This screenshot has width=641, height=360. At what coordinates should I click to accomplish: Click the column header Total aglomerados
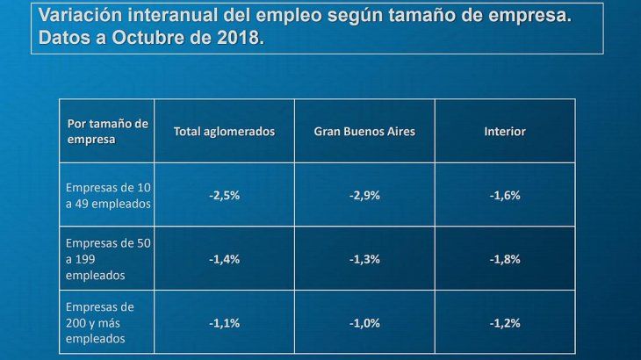click(224, 131)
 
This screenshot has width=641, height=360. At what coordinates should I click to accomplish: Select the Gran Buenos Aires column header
click(364, 131)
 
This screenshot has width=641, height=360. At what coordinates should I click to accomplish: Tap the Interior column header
click(505, 131)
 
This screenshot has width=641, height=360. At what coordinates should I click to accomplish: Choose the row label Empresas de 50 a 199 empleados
click(108, 259)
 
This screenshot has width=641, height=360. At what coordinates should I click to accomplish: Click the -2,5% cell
click(224, 195)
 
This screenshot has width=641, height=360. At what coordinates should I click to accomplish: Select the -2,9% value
click(364, 195)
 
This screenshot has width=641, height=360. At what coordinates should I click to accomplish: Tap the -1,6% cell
click(505, 195)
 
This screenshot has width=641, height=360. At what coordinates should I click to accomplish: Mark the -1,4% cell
click(224, 259)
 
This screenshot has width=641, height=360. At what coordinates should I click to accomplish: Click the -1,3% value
click(364, 259)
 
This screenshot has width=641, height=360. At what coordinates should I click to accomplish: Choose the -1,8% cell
click(505, 259)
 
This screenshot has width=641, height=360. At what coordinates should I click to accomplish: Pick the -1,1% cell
click(224, 322)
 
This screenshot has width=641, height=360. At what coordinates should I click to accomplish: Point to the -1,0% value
click(364, 322)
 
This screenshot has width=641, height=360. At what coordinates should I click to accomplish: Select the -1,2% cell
click(505, 322)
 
